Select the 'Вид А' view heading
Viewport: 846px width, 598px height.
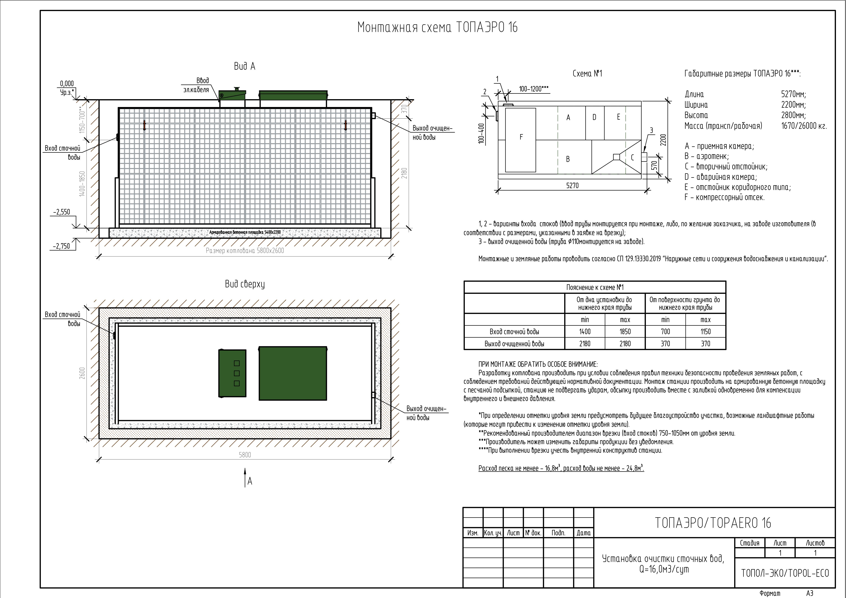click(244, 66)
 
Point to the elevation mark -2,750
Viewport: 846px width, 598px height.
click(62, 246)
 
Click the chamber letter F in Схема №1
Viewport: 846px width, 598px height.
click(521, 137)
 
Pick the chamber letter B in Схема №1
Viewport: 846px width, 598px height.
click(568, 159)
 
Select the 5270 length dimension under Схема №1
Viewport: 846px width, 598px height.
click(572, 186)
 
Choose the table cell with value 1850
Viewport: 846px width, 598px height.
click(625, 332)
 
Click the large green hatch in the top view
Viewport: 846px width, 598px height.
click(293, 373)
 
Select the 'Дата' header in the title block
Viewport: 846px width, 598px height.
click(584, 533)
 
